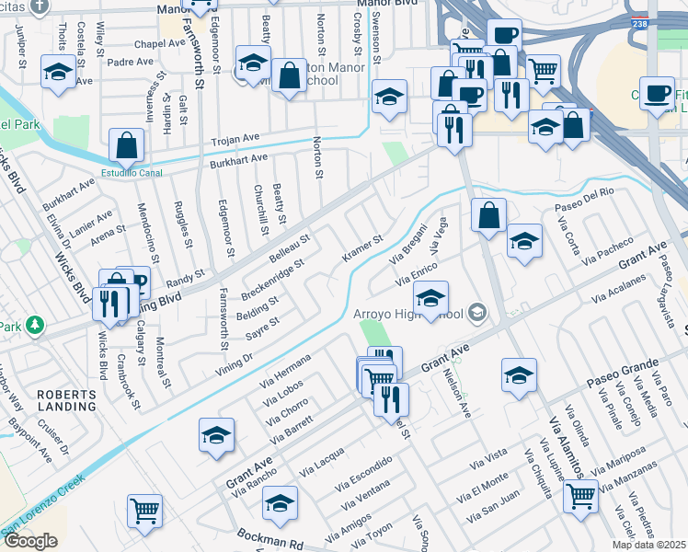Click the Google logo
[x=30, y=541]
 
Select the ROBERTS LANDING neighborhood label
[x=65, y=399]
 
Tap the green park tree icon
[x=35, y=325]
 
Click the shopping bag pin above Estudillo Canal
[x=126, y=146]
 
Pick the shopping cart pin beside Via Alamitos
[x=580, y=497]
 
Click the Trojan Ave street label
[x=235, y=139]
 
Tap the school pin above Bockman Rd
[x=280, y=503]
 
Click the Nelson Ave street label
[x=457, y=393]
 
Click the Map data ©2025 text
[x=649, y=545]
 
